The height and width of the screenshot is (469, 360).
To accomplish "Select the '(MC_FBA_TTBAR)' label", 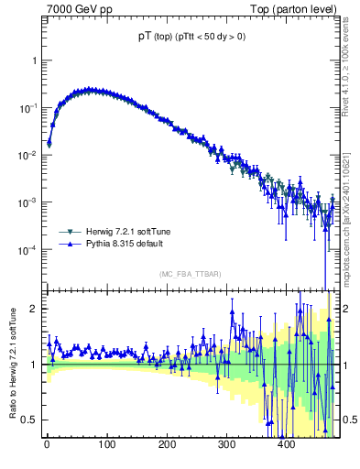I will (x=188, y=275).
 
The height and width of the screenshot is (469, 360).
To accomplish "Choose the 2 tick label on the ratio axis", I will (x=34, y=309).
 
